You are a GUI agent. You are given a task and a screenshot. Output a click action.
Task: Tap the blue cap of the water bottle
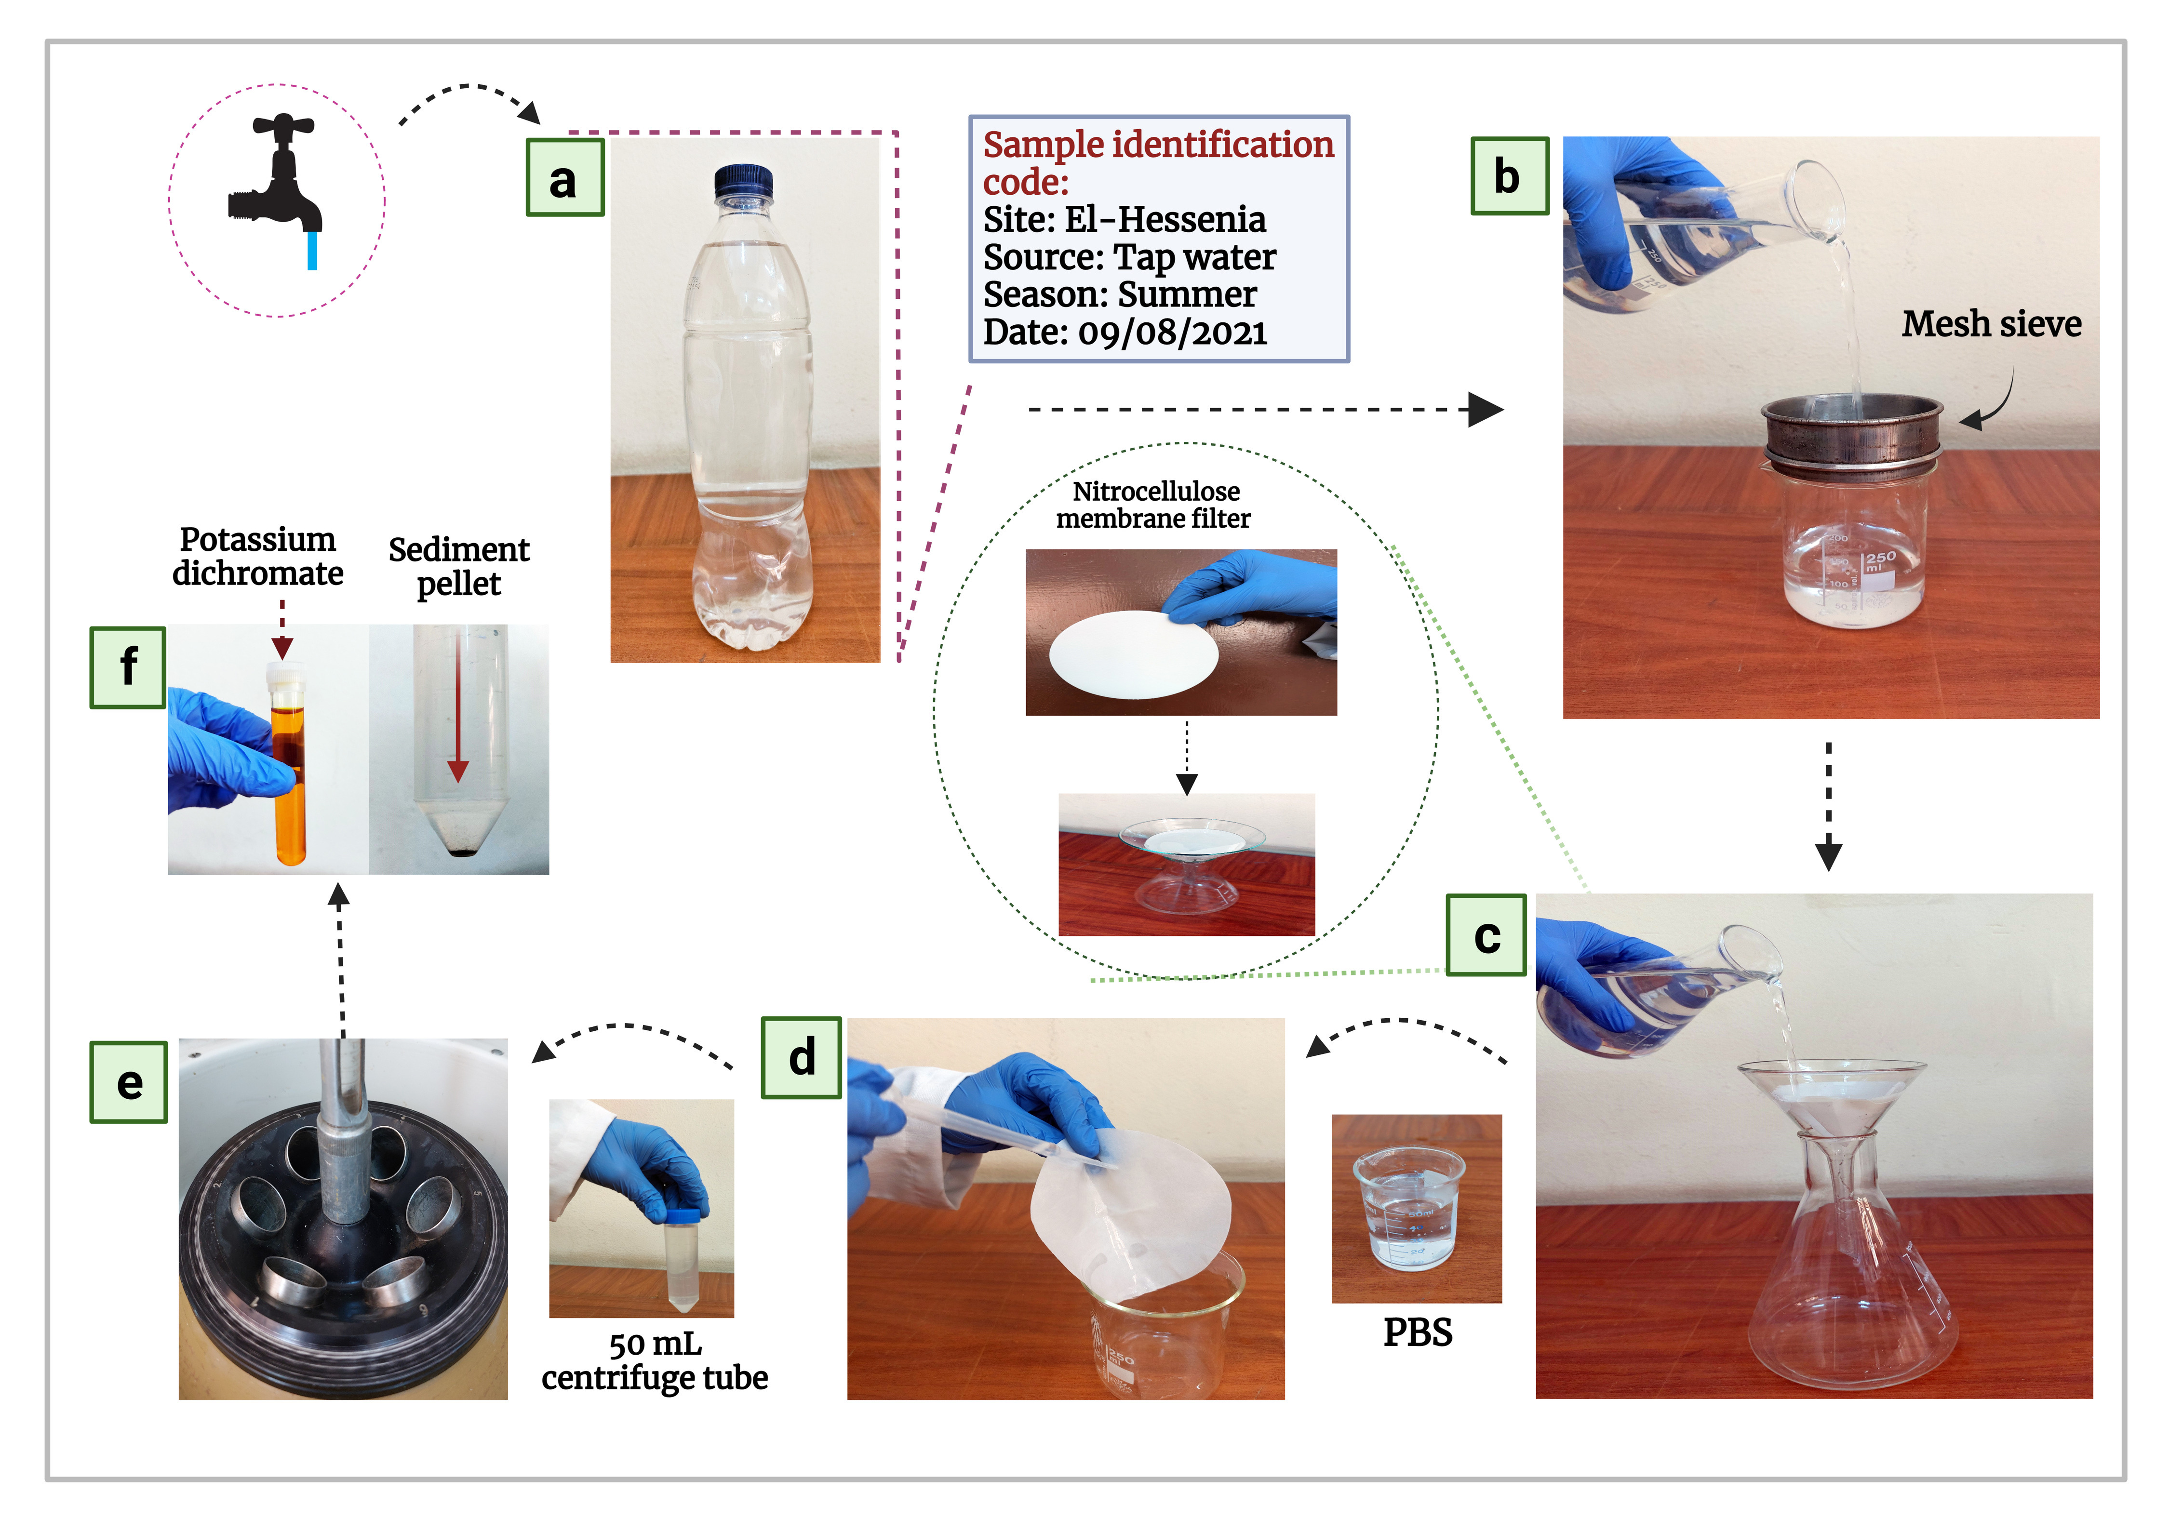pyautogui.click(x=743, y=179)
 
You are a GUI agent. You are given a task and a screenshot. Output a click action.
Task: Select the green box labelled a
pyautogui.click(x=564, y=178)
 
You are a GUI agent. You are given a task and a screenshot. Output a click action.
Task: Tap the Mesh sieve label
pyautogui.click(x=1991, y=324)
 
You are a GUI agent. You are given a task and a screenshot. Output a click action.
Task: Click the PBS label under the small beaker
pyautogui.click(x=1417, y=1332)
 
